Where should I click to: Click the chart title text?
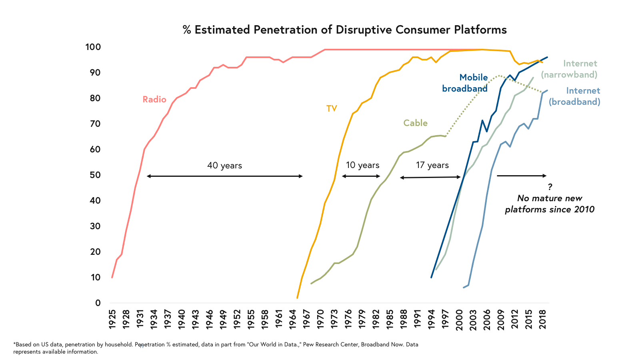pos(344,30)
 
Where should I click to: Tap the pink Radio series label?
pos(154,100)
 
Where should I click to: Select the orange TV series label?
pos(332,109)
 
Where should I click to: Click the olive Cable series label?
pos(415,123)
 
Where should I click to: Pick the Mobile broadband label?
pos(465,83)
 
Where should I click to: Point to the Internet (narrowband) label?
pos(569,69)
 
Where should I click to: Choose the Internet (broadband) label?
pos(574,96)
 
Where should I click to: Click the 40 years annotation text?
pos(224,166)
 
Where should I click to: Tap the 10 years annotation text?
pos(362,165)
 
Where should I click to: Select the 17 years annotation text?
pos(432,165)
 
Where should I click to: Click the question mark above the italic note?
pos(550,187)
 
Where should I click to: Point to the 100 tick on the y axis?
pos(93,47)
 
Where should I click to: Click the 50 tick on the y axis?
pos(95,175)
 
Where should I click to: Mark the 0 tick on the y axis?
pos(98,303)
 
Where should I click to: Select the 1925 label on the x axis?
pos(112,319)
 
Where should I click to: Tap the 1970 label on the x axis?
pos(320,319)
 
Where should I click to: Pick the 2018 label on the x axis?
pos(543,319)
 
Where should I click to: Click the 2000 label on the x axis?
pos(459,319)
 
